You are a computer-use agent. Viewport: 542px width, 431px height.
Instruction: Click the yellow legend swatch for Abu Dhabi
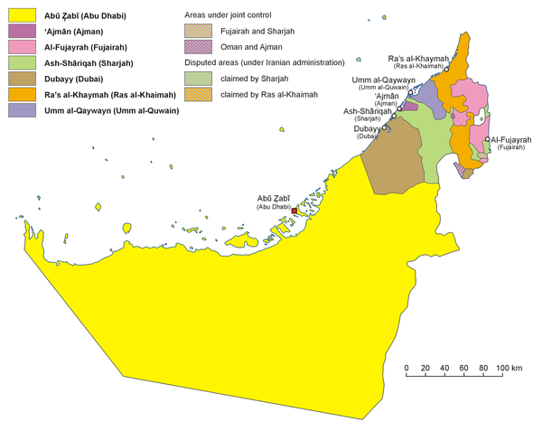tap(17, 14)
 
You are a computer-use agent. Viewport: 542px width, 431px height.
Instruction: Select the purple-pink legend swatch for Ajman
tap(17, 31)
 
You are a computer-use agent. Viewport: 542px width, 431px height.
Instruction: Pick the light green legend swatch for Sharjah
tap(17, 62)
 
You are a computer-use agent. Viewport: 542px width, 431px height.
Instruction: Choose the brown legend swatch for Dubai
tap(17, 79)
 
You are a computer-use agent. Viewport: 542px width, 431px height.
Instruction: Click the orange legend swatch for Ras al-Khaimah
tap(17, 94)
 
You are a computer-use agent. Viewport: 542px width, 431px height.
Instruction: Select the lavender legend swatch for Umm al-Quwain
tap(17, 110)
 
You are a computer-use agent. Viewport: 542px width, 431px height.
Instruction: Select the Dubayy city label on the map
tap(366, 128)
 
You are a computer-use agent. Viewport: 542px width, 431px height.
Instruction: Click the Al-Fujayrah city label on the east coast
tap(511, 140)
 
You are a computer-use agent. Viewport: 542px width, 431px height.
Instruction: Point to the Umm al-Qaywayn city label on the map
tap(384, 80)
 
